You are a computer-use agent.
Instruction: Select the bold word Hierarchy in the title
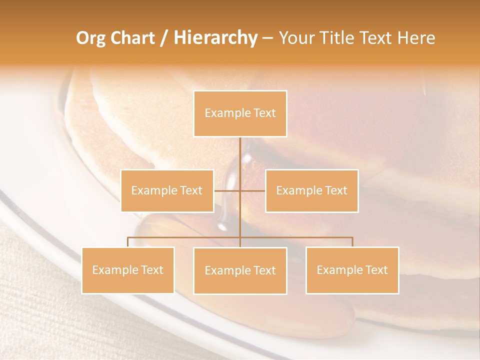pyautogui.click(x=215, y=38)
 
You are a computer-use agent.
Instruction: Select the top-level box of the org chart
pyautogui.click(x=240, y=125)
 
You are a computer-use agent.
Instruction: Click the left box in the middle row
pyautogui.click(x=167, y=202)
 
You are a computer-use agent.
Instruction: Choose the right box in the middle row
pyautogui.click(x=311, y=202)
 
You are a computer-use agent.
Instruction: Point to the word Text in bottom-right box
pyautogui.click(x=375, y=270)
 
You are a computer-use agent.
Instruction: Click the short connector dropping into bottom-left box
pyautogui.click(x=128, y=242)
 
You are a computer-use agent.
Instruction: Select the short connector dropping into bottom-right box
pyautogui.click(x=352, y=242)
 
